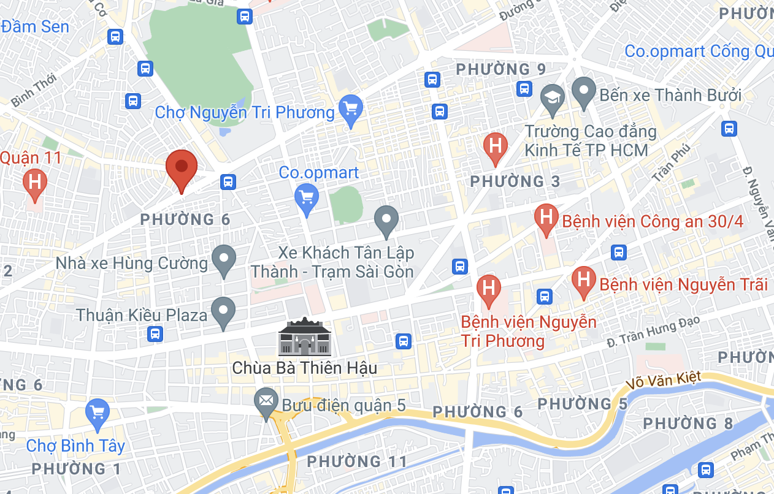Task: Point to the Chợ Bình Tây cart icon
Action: (x=98, y=413)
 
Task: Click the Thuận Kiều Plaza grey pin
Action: (x=223, y=312)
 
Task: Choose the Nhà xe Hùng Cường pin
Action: (x=223, y=260)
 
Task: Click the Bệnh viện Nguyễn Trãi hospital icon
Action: (x=583, y=281)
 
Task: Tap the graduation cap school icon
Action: (x=553, y=99)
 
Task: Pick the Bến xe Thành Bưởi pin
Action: (x=584, y=92)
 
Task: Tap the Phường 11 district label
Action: (x=357, y=462)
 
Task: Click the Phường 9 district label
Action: (x=501, y=69)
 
